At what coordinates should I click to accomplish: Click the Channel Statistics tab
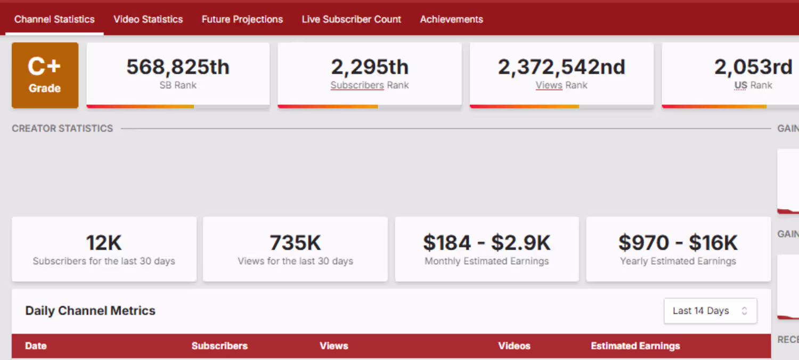tap(54, 19)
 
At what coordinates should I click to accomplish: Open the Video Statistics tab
tap(148, 19)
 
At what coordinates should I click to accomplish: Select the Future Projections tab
tap(242, 19)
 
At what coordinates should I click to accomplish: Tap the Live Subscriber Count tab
tap(352, 19)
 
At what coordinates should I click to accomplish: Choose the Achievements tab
tap(451, 19)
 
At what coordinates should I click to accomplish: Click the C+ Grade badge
tap(45, 75)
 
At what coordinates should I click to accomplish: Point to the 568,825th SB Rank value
tap(178, 67)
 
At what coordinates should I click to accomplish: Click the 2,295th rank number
tap(370, 67)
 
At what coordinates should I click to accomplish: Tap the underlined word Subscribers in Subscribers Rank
tap(357, 85)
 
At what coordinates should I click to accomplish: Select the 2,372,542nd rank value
tap(561, 67)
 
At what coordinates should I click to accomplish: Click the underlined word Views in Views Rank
tap(549, 85)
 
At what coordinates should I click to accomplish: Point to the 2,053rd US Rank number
tap(753, 67)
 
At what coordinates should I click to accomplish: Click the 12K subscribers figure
tap(104, 243)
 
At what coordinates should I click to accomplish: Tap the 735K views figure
tap(295, 243)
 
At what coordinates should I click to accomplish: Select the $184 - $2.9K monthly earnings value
tap(486, 243)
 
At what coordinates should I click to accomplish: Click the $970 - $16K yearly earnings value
tap(678, 243)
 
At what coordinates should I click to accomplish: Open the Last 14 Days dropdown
tap(710, 311)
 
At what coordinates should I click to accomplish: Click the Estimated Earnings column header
tap(635, 346)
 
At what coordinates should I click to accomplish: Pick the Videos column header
tap(514, 346)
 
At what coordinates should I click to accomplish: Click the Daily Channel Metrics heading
tap(90, 311)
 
